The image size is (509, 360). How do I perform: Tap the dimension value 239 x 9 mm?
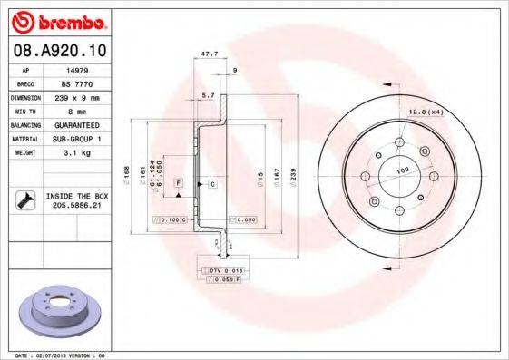[x=77, y=97]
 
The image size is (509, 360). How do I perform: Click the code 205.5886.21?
[x=77, y=207]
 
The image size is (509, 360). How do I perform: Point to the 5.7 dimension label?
[x=208, y=95]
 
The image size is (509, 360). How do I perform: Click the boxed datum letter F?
[x=178, y=184]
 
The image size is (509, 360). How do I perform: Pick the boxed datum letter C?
[x=212, y=184]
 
